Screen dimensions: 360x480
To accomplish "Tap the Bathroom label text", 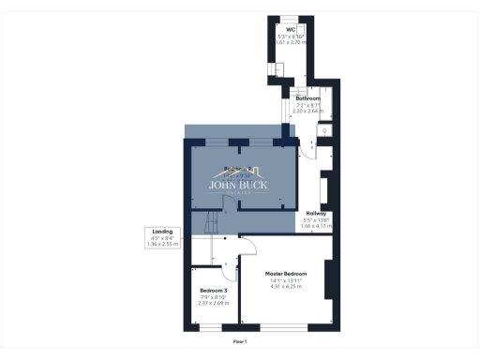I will [307, 97].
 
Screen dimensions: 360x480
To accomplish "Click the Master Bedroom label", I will [288, 273].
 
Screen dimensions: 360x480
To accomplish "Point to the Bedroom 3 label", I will [214, 291].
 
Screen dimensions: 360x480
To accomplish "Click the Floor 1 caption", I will [240, 342].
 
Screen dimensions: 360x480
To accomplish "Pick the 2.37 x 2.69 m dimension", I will [214, 304].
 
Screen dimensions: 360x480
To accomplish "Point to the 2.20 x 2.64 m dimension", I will [307, 111].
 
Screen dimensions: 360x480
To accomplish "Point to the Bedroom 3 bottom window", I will [212, 327].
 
